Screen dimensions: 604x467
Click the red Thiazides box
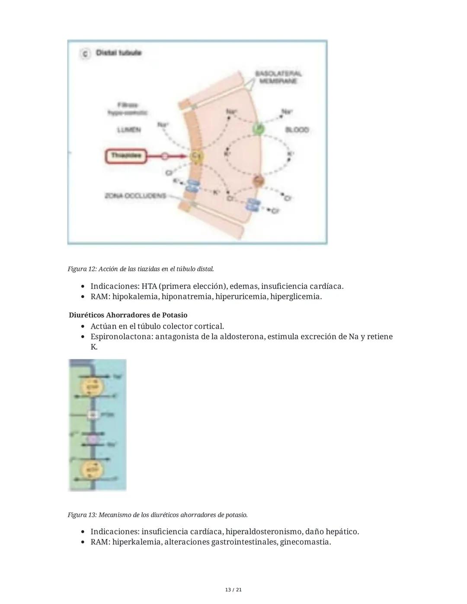[126, 156]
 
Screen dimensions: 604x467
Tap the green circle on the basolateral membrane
[259, 128]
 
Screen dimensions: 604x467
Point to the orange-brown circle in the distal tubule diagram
[259, 181]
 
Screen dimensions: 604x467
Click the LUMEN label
[129, 130]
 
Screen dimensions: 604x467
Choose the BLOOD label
[297, 130]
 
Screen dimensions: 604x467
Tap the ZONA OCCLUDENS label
[135, 196]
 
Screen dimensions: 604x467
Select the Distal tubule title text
[118, 53]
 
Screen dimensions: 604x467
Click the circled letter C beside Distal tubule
[85, 53]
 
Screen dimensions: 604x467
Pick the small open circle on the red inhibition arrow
[164, 156]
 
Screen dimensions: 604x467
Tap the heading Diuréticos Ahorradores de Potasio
[128, 315]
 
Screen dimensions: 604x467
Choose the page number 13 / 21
[233, 590]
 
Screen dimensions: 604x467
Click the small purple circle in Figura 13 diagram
[93, 439]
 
